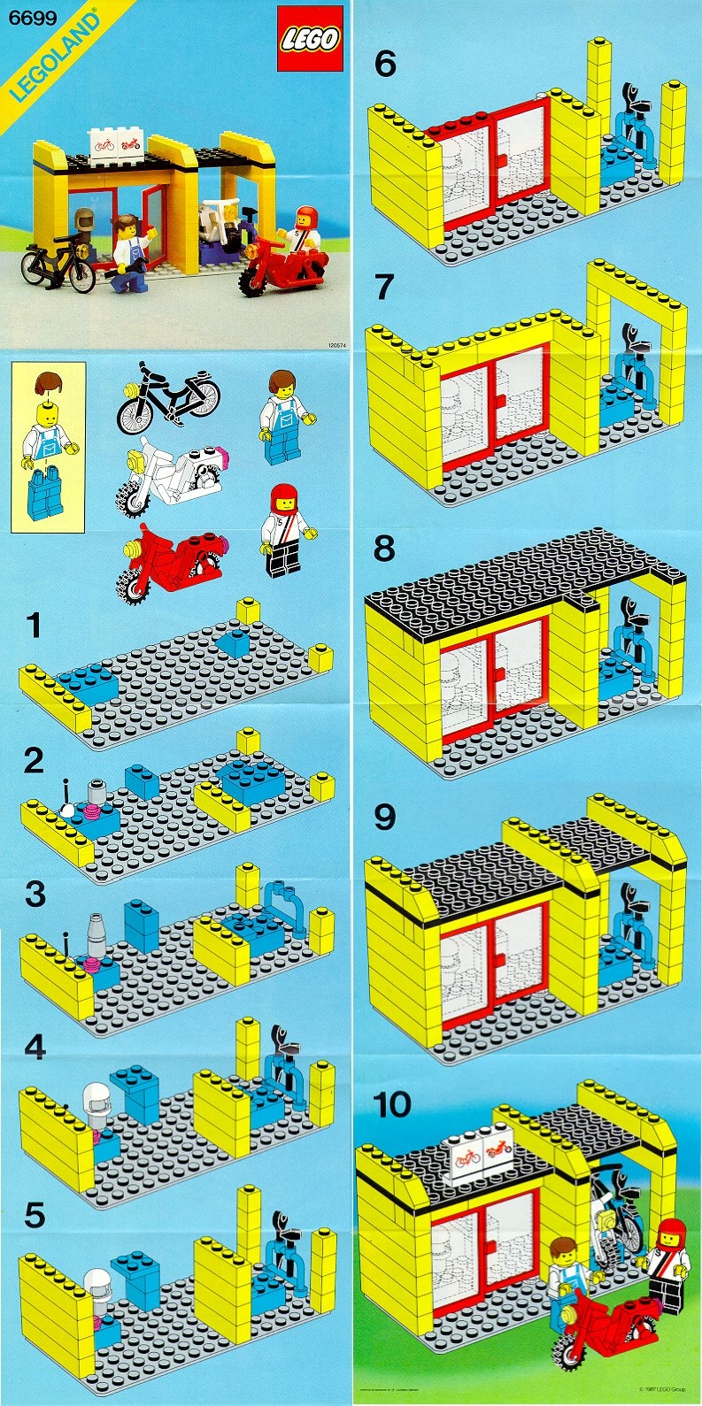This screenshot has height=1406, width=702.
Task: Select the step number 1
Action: [x=34, y=626]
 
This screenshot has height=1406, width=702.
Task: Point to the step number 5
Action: [x=34, y=1215]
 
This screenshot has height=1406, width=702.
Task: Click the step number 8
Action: [x=383, y=549]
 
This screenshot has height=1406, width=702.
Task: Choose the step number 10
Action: [x=392, y=1105]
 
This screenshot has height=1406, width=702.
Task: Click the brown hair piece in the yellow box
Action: [x=49, y=385]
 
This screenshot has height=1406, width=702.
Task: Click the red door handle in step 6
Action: [x=503, y=160]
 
